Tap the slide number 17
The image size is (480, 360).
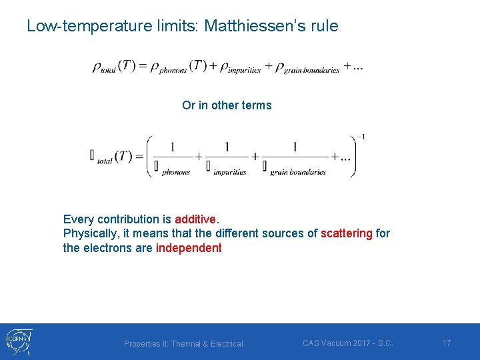[x=447, y=343]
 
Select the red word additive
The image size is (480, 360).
[x=195, y=219]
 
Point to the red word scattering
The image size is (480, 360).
[x=346, y=233]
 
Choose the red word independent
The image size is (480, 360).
[x=189, y=248]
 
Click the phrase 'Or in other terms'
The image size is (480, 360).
[x=227, y=105]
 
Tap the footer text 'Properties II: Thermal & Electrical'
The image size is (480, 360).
[x=183, y=344]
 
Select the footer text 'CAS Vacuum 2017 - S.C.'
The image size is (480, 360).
[x=348, y=343]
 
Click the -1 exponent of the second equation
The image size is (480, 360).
[x=361, y=137]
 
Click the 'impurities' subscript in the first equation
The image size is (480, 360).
[x=244, y=71]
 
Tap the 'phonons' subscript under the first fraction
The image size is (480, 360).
[x=176, y=172]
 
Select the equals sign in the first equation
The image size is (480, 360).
[x=142, y=65]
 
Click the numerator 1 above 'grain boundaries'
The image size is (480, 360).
[x=294, y=147]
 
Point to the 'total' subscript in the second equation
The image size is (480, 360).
[x=105, y=161]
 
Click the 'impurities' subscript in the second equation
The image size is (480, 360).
[x=230, y=172]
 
